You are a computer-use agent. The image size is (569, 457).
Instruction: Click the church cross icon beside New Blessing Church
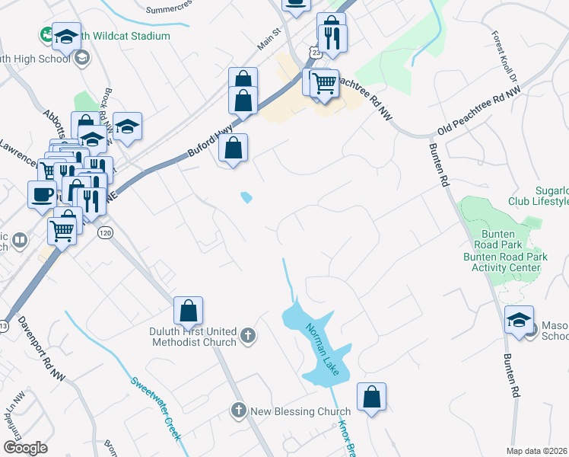(x=239, y=411)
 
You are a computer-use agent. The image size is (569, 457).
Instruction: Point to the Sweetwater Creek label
(x=155, y=408)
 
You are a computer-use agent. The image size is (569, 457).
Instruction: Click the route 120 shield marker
(x=105, y=232)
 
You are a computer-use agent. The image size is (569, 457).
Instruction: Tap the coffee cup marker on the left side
(x=42, y=193)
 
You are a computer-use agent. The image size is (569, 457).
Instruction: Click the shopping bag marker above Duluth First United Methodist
(x=188, y=310)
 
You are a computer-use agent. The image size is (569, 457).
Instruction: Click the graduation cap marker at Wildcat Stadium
(x=66, y=35)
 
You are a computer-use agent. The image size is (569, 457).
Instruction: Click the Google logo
(x=25, y=447)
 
